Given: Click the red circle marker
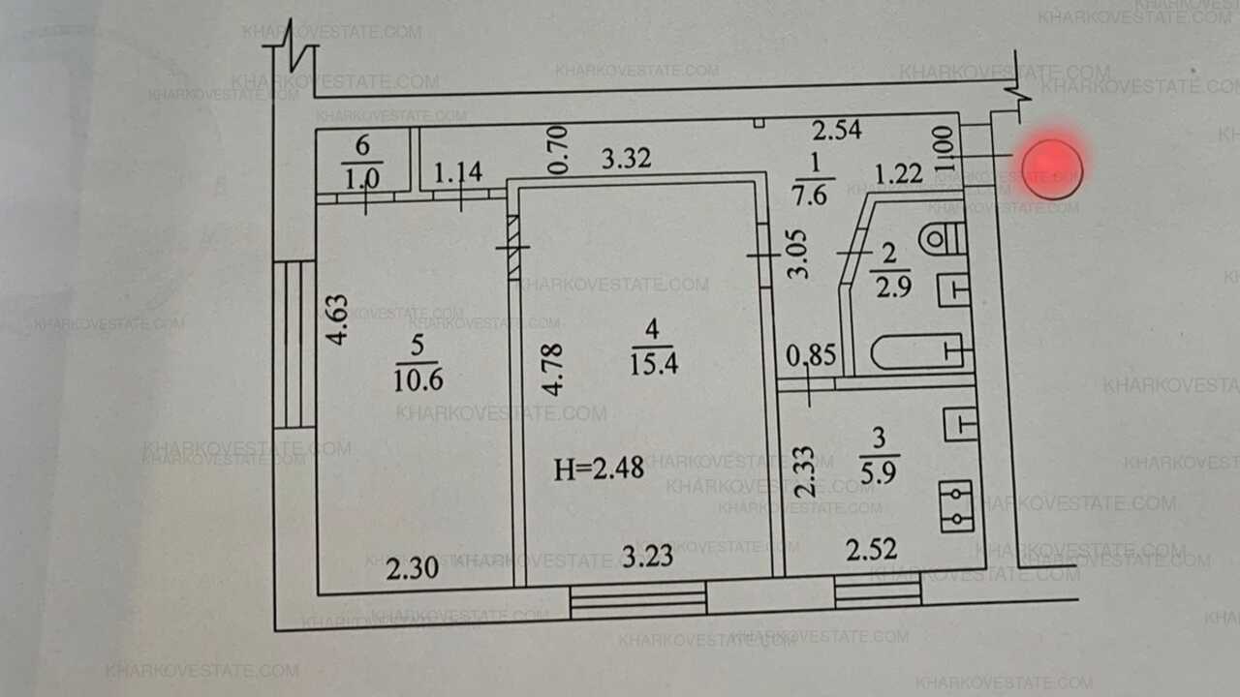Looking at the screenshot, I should click(x=1051, y=168).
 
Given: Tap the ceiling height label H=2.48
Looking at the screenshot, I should click(x=599, y=470).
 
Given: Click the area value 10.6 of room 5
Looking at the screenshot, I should click(x=418, y=379).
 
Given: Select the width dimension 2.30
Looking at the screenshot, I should click(x=413, y=569).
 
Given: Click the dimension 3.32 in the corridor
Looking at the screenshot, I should click(x=626, y=159).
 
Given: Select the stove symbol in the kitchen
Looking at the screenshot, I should click(x=956, y=506).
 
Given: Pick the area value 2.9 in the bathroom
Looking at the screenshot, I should click(x=890, y=287).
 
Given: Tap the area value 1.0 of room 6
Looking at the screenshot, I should click(x=362, y=180).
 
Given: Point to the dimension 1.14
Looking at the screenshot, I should click(x=457, y=174).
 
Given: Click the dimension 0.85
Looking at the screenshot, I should click(x=811, y=356).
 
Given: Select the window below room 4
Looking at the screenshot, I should click(x=637, y=600).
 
